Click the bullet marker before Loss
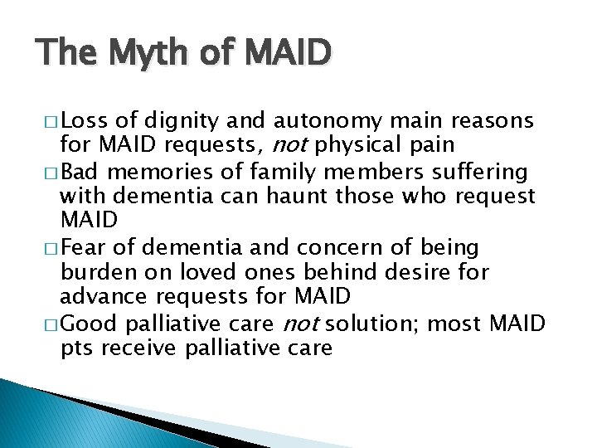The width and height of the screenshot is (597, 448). click(52, 122)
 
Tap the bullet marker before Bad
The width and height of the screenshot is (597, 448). click(52, 173)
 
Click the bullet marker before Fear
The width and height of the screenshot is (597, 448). click(52, 248)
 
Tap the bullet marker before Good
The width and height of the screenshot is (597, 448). click(52, 324)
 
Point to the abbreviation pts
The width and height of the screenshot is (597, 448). click(76, 348)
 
